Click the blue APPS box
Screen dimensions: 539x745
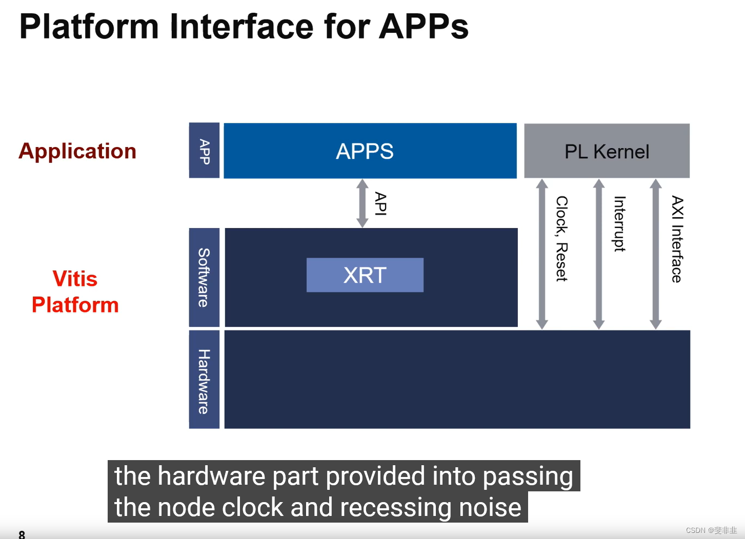(x=370, y=151)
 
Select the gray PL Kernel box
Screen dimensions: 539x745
(x=607, y=151)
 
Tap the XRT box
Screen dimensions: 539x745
(x=365, y=275)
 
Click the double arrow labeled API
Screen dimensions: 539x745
(x=363, y=203)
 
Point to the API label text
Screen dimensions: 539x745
(x=380, y=203)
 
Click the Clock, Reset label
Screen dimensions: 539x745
(x=562, y=238)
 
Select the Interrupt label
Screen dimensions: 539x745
(x=619, y=224)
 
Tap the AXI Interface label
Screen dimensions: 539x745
(x=677, y=239)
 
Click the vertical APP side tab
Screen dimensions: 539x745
(x=204, y=151)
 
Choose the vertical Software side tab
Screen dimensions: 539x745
(x=204, y=277)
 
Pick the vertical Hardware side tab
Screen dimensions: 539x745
(x=204, y=381)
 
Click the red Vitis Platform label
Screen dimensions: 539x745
(x=75, y=292)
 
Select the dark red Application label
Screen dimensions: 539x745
(x=77, y=151)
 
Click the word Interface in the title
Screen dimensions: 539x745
(x=241, y=26)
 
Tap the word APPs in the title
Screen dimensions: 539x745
(x=424, y=26)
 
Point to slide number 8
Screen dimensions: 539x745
(x=22, y=534)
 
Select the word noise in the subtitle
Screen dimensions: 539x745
(x=490, y=507)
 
